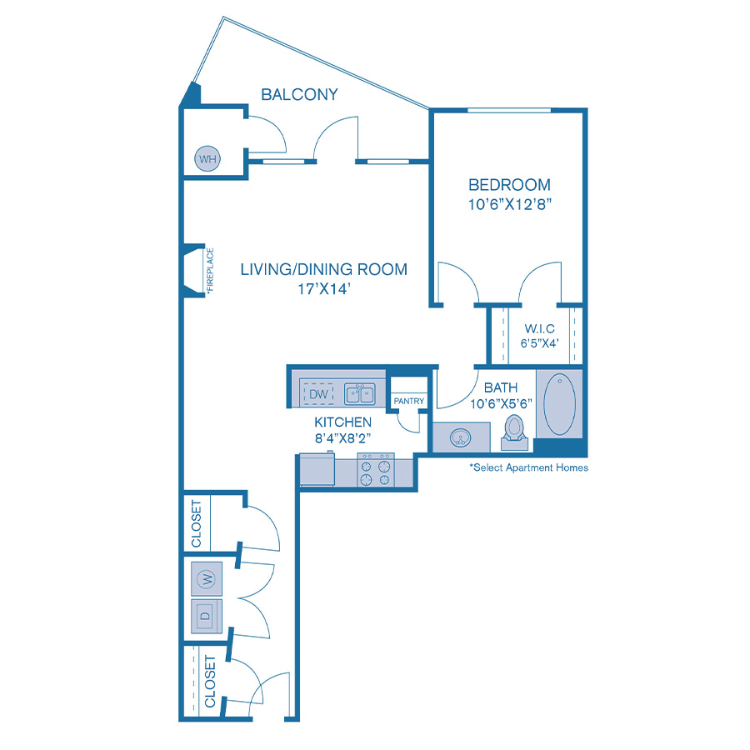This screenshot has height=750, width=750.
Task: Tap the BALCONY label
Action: tap(299, 94)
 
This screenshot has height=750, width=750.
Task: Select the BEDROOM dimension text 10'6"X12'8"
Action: tap(510, 202)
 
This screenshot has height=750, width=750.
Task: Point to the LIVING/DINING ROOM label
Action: tap(323, 269)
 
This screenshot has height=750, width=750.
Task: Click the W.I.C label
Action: tap(539, 327)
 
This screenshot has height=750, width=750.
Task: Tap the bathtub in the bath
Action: tap(559, 404)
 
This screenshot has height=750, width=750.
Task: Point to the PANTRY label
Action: tap(408, 401)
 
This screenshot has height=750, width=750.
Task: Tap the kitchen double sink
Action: tap(360, 393)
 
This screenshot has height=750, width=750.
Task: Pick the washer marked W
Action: tap(205, 577)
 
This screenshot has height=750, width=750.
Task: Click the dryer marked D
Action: tap(205, 617)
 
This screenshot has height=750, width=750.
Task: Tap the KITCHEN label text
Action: tap(342, 422)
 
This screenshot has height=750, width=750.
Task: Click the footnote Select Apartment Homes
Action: tap(528, 468)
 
